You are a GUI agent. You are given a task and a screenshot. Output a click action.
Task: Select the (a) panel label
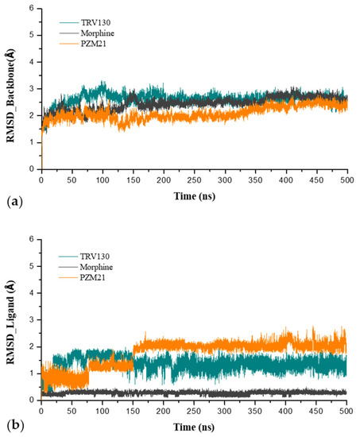click(11, 201)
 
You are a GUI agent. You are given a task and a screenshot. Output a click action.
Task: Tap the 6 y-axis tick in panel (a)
click(32, 9)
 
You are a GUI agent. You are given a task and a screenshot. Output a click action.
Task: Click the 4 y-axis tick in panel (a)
click(32, 62)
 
